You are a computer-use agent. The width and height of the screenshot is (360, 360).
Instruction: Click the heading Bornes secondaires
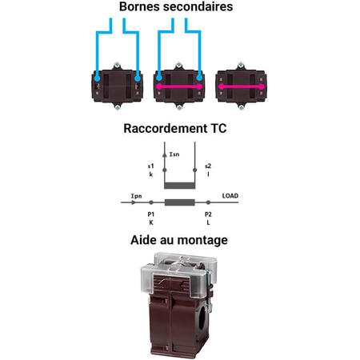[x=176, y=6]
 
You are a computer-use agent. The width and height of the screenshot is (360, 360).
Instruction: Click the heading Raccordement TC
[x=175, y=128]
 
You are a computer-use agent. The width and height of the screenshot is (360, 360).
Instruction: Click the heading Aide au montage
[x=179, y=240]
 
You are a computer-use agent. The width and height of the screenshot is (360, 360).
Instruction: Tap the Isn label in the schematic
[x=174, y=154]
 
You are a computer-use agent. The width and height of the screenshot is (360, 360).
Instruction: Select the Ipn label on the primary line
[x=136, y=196]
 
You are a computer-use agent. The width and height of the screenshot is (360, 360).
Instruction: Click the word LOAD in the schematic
[x=230, y=196]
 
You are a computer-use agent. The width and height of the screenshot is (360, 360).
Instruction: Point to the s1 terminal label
[x=151, y=166]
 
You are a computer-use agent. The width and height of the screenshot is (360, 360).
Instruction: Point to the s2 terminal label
[x=208, y=166]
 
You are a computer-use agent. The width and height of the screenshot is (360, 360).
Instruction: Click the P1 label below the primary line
[x=151, y=214]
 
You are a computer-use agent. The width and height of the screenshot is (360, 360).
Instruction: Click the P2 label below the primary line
[x=208, y=214]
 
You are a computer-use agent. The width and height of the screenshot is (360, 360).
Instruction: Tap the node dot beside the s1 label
[x=165, y=170]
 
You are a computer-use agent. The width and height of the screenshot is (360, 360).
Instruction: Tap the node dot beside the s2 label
[x=194, y=170]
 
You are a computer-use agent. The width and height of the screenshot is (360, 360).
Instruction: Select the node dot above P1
[x=151, y=202]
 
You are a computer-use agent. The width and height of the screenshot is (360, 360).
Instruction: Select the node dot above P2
[x=208, y=202]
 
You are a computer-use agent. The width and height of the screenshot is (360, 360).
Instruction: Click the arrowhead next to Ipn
[x=134, y=202]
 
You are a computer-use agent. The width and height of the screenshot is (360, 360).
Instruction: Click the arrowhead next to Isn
[x=165, y=154]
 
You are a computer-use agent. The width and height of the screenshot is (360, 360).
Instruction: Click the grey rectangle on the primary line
[x=179, y=202]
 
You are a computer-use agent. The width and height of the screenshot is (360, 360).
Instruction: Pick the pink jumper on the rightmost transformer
[x=242, y=86]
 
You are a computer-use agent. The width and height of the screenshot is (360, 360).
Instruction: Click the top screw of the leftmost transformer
[x=117, y=66]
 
